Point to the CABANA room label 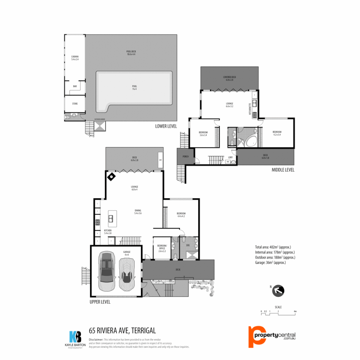point(75,57)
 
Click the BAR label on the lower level point(75,86)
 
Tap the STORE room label point(75,104)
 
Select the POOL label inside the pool point(134,86)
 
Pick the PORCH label point(186,157)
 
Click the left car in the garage point(107,271)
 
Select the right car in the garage point(127,271)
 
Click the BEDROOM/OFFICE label point(162,247)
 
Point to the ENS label point(188,245)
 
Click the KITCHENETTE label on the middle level point(250,109)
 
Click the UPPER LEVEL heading point(100,302)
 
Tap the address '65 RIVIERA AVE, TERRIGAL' point(122,331)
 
